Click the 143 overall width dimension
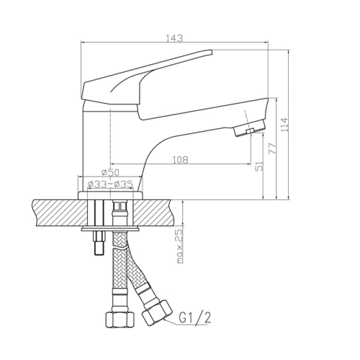click(175, 38)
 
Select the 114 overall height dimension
click(285, 125)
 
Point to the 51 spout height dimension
click(260, 166)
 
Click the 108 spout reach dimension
click(180, 160)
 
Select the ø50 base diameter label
click(110, 172)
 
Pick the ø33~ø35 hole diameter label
click(110, 184)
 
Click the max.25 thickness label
click(180, 246)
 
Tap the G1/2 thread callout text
click(195, 318)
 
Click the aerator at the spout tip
click(250, 127)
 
